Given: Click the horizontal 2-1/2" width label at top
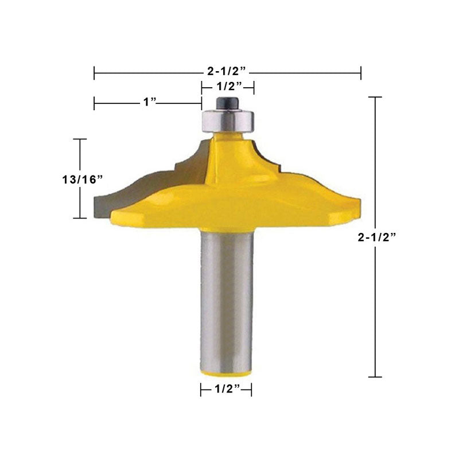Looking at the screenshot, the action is [226, 71].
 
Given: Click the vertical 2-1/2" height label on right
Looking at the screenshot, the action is [377, 237].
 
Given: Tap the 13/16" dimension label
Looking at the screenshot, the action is [83, 180].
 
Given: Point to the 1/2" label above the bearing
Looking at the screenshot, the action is [229, 87].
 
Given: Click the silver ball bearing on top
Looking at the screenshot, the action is [227, 120].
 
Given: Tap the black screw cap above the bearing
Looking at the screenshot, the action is [227, 103].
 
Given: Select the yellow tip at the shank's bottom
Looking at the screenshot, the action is [226, 374].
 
